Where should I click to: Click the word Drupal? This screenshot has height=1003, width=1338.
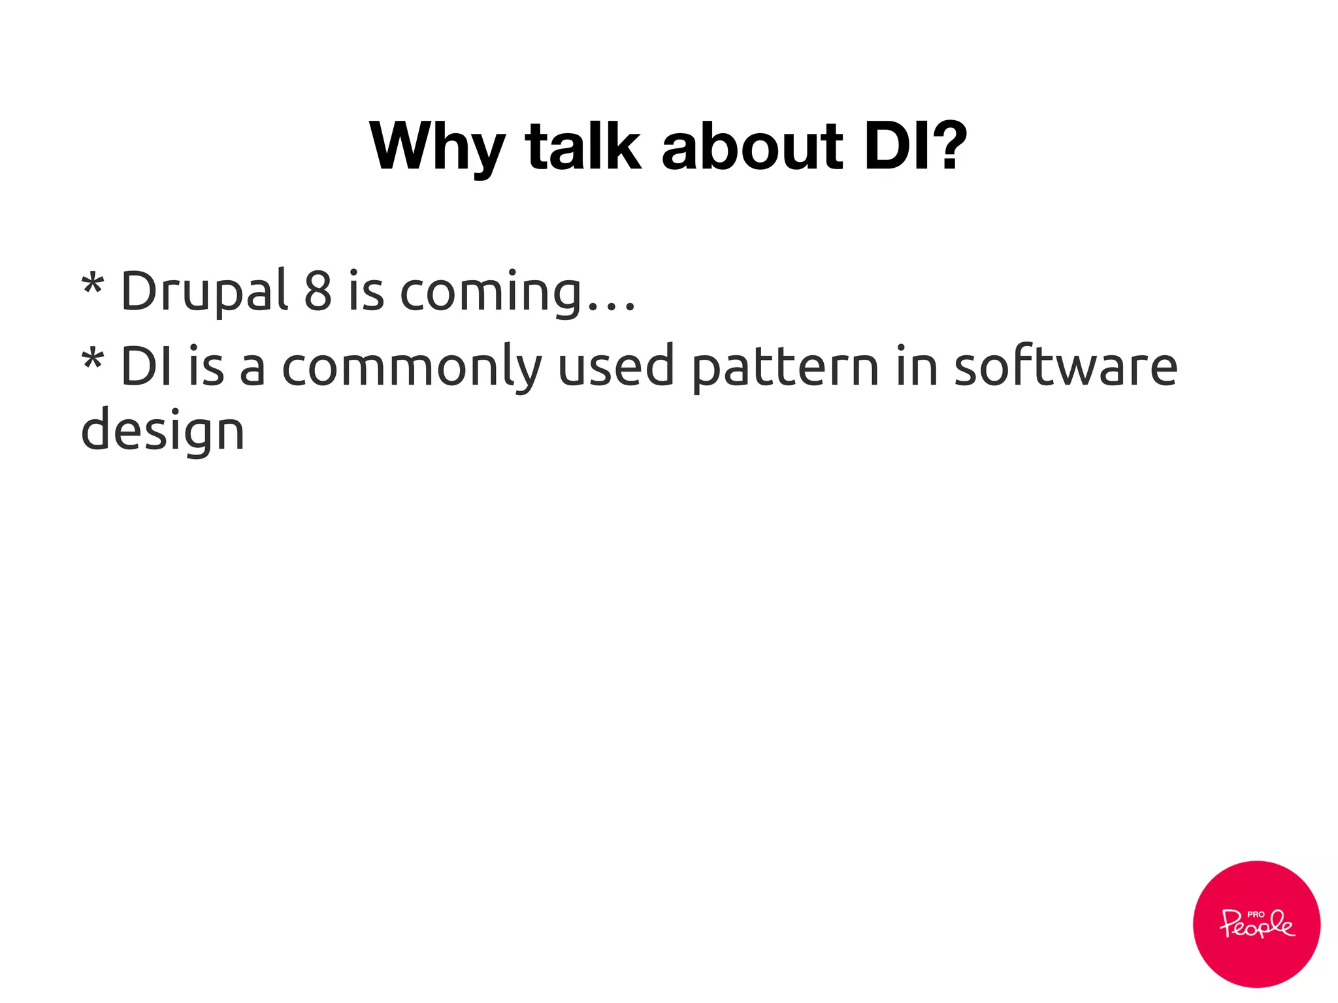[204, 292]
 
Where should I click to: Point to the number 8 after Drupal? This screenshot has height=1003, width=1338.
[318, 291]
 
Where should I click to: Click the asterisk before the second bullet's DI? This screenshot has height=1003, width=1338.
[92, 361]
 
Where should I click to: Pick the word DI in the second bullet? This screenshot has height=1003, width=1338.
[147, 366]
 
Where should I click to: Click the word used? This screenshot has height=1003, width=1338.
[615, 366]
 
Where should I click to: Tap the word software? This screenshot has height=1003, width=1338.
[1066, 366]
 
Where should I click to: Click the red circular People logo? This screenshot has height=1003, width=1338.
[1256, 923]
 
